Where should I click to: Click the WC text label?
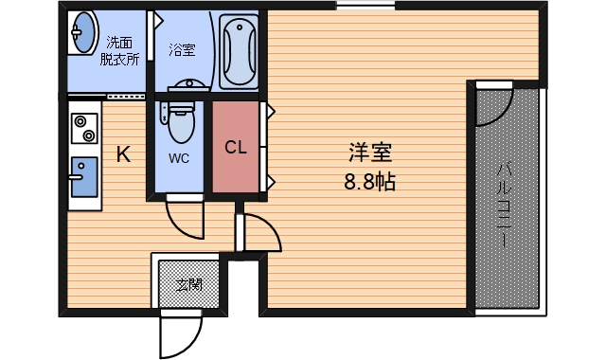click(179, 158)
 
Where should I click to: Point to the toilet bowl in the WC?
click(180, 122)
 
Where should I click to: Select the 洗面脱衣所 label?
click(119, 50)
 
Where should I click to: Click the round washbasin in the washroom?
click(83, 34)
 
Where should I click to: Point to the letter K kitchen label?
click(124, 154)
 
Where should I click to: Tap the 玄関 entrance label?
click(187, 283)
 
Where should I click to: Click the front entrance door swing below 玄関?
click(180, 332)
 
